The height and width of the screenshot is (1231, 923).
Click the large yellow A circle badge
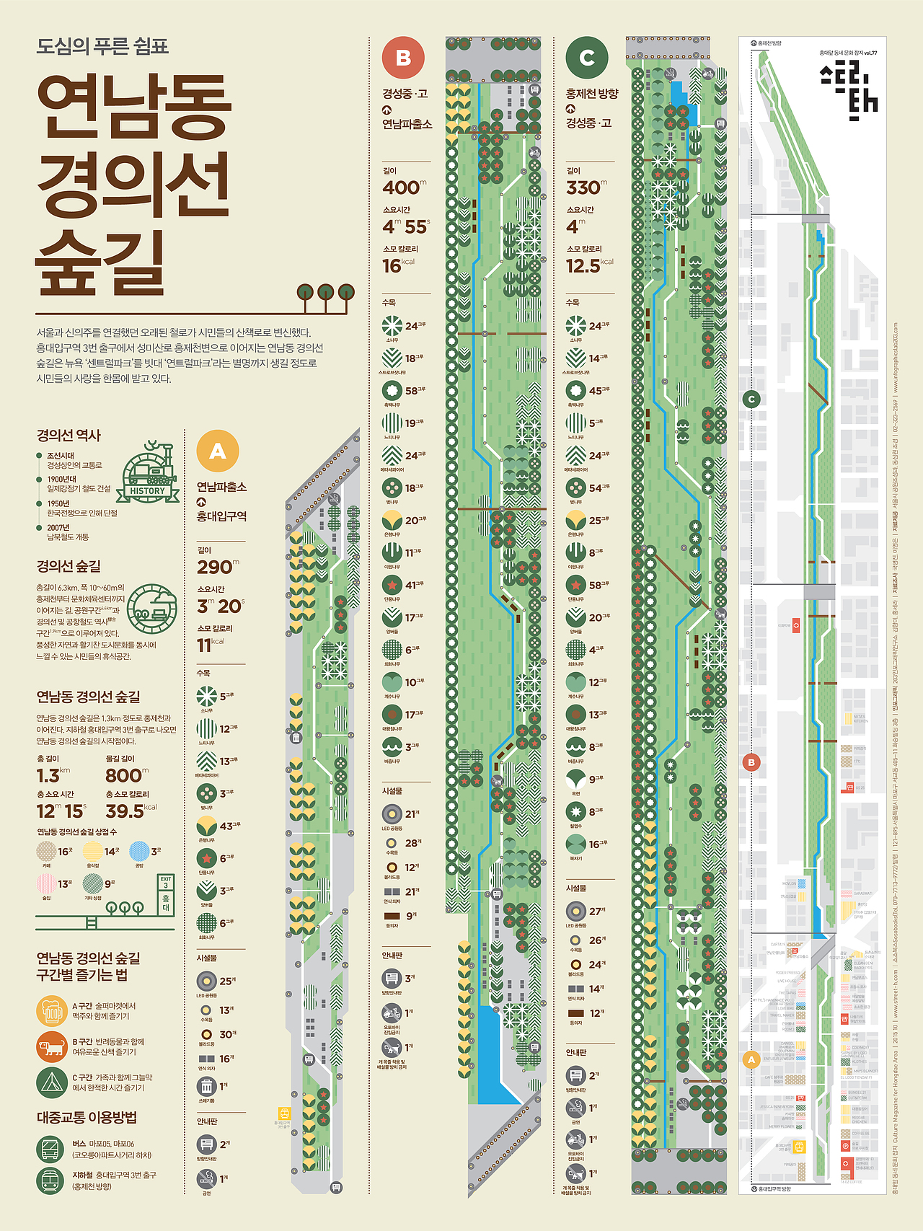[218, 451]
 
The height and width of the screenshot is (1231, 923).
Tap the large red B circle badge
[403, 58]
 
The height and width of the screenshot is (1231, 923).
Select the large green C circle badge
[587, 58]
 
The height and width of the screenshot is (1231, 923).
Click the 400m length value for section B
[402, 187]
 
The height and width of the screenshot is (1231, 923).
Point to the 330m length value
[585, 187]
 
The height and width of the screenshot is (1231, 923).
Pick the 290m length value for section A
[216, 568]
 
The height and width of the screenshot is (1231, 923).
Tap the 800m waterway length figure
[124, 776]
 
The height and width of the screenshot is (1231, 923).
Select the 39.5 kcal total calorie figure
[127, 811]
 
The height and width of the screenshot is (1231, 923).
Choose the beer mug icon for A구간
[52, 1011]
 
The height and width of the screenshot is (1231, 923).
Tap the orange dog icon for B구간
[52, 1047]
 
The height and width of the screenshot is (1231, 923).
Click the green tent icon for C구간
[52, 1082]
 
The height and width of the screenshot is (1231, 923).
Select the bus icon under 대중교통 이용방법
[51, 1149]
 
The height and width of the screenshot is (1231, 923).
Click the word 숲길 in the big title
[101, 261]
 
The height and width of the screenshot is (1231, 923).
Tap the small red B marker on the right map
[751, 762]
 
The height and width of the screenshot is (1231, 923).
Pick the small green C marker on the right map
[751, 399]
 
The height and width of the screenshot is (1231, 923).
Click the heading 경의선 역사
[69, 436]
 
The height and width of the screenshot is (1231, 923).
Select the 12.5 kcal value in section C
[584, 266]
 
